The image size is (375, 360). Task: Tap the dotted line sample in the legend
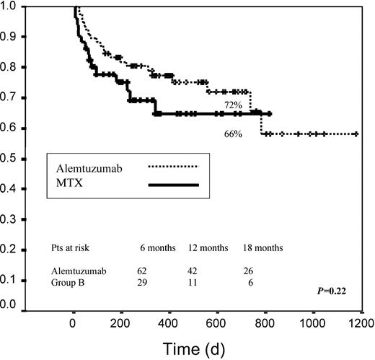coord(173,167)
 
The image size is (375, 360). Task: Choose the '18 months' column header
coord(262,247)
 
